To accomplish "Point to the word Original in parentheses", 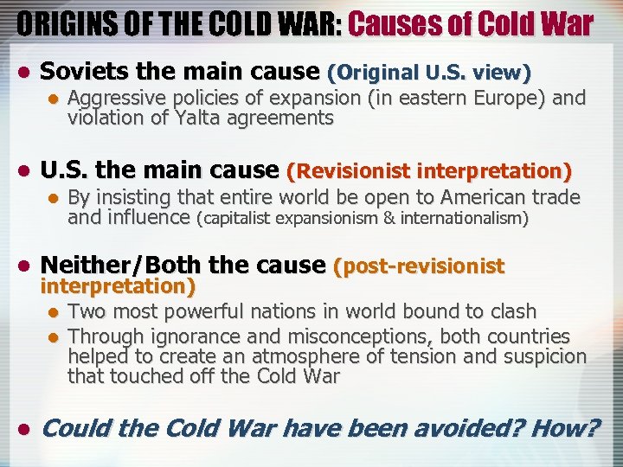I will pyautogui.click(x=374, y=73).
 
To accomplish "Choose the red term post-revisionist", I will pyautogui.click(x=419, y=265).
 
